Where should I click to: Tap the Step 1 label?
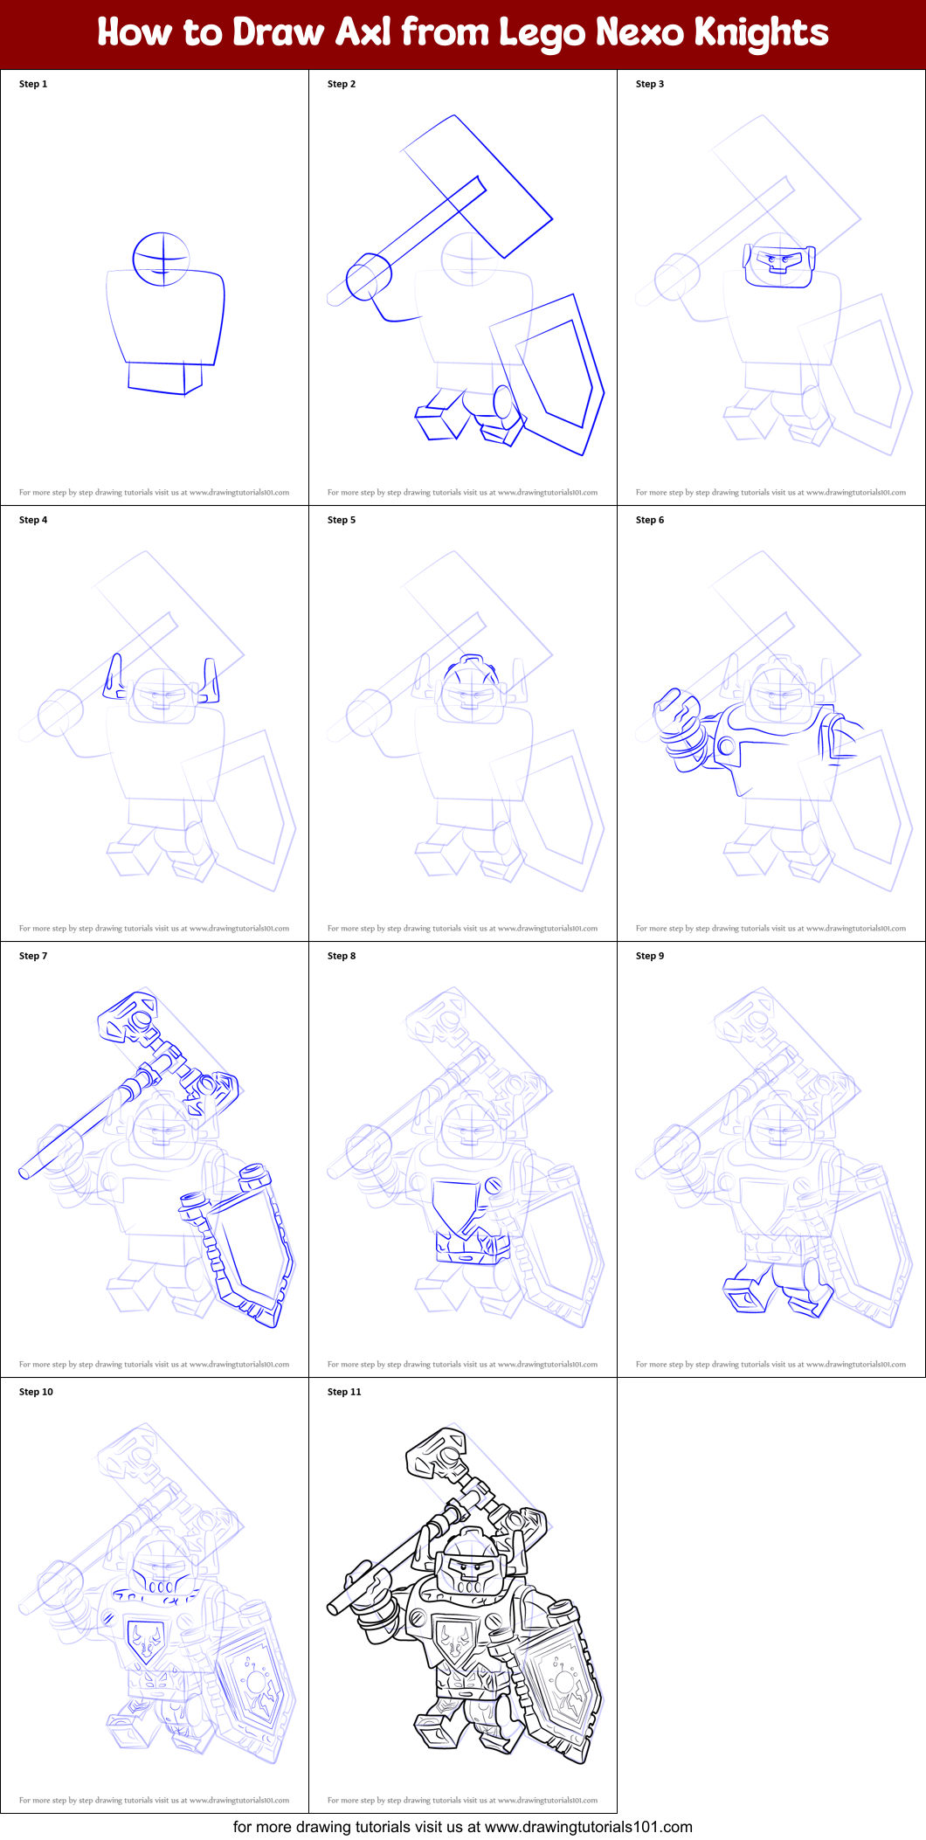point(33,84)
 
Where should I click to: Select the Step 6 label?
point(649,520)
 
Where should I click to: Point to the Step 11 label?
point(343,1392)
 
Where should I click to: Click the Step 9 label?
point(649,956)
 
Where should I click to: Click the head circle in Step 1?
point(162,259)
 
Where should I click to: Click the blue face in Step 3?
point(778,261)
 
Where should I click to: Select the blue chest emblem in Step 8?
point(457,1206)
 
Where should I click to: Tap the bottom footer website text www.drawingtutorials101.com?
point(588,1827)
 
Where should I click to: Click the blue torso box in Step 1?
point(166,315)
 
